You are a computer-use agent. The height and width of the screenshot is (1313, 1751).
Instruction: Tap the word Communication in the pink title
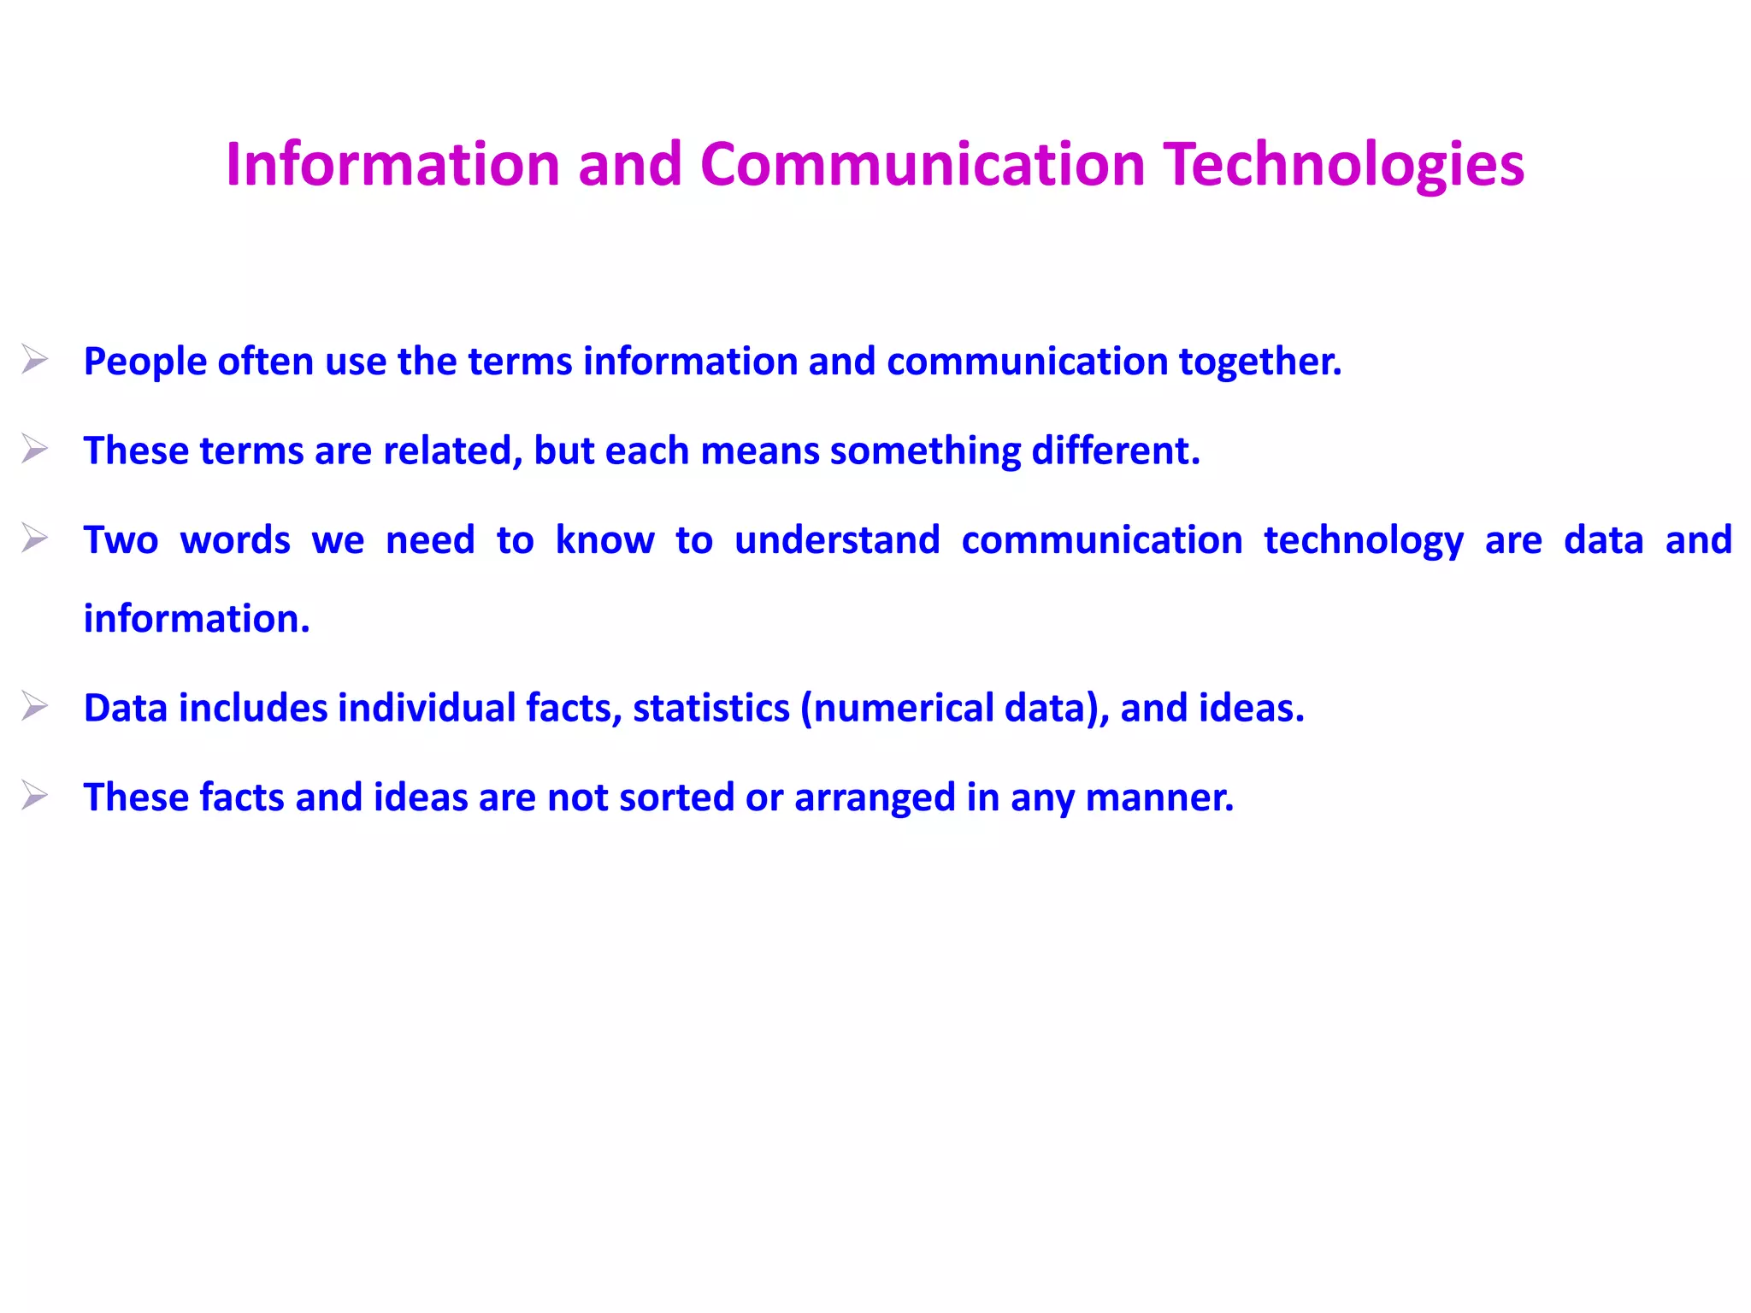pyautogui.click(x=922, y=164)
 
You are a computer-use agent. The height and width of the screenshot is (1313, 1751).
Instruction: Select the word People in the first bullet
pyautogui.click(x=145, y=362)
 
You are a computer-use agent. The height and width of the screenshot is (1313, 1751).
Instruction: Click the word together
pyautogui.click(x=1260, y=362)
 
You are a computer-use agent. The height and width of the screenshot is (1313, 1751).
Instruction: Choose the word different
pyautogui.click(x=1116, y=450)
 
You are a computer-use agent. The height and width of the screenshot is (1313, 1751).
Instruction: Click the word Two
pyautogui.click(x=121, y=540)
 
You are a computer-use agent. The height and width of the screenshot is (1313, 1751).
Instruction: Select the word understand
pyautogui.click(x=837, y=540)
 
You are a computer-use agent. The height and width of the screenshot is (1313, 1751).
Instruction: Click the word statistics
pyautogui.click(x=711, y=709)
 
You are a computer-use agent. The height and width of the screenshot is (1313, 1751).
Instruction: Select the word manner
pyautogui.click(x=1159, y=798)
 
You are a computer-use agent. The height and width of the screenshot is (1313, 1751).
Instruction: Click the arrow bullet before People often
pyautogui.click(x=34, y=360)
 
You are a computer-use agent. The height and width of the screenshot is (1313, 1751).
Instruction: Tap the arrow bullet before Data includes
pyautogui.click(x=34, y=707)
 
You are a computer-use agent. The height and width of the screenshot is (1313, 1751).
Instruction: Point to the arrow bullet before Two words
pyautogui.click(x=34, y=539)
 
